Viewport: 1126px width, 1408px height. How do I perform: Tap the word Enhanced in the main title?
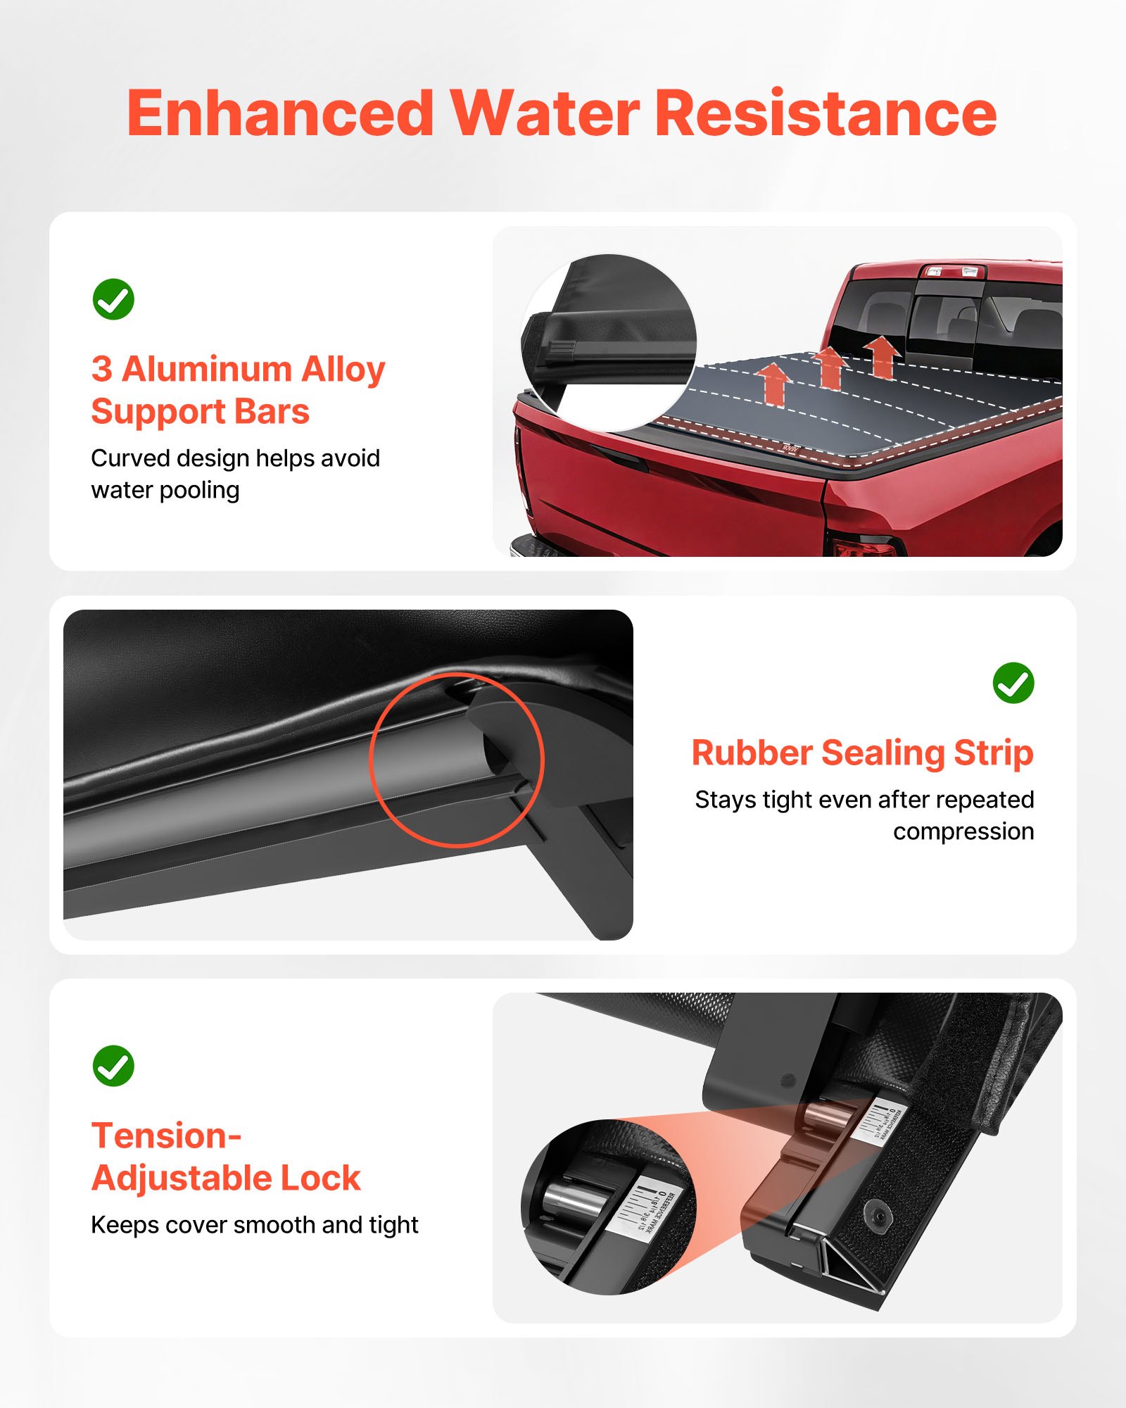(280, 114)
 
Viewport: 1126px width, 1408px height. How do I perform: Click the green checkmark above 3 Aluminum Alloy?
(113, 299)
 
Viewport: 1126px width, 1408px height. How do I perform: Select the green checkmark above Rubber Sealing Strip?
(1013, 683)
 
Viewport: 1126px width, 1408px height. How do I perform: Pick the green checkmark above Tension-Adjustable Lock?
(113, 1066)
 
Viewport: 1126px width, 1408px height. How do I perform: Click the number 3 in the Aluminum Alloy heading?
(102, 370)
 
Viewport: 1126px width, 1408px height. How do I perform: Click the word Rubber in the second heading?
(751, 753)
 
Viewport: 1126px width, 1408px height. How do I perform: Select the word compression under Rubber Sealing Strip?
(963, 832)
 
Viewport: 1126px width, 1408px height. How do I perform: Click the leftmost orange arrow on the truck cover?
(774, 384)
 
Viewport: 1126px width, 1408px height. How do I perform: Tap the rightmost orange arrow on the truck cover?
(881, 356)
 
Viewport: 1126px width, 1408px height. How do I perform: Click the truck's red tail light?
(862, 546)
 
